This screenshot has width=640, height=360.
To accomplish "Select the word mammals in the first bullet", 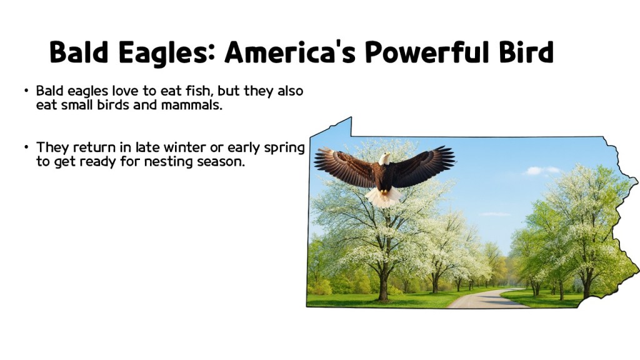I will [x=190, y=105].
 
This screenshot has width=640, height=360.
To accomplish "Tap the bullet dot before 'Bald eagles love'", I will [x=26, y=91].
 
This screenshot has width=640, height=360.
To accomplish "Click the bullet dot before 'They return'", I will [x=26, y=148].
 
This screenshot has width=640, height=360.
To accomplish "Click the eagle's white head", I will [x=384, y=158].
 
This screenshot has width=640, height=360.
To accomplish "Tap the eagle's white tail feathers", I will [x=383, y=197].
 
